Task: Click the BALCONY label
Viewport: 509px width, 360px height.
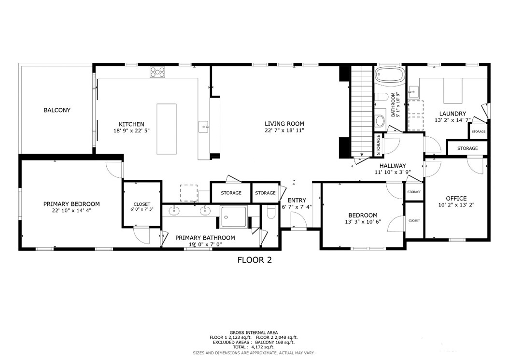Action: [57, 110]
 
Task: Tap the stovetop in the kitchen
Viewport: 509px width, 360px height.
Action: [157, 72]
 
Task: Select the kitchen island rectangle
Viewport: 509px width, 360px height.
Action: [167, 129]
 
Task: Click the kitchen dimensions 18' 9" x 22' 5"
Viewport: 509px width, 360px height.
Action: [125, 131]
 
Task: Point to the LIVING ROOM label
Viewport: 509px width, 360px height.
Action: [284, 124]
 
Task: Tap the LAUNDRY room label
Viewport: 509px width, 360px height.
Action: [452, 114]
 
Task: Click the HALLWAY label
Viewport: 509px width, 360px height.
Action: [392, 165]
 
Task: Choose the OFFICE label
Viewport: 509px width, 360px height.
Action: [456, 198]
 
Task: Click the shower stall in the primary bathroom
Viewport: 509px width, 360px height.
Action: [234, 216]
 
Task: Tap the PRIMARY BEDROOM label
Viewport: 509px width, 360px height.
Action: [71, 204]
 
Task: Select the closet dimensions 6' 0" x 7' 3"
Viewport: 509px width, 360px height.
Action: [141, 209]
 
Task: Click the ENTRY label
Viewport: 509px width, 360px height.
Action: [297, 200]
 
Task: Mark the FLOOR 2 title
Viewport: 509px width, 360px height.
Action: [254, 260]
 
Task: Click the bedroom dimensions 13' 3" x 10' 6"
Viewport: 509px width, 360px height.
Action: [361, 222]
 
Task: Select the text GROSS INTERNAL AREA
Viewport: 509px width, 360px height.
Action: [254, 332]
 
